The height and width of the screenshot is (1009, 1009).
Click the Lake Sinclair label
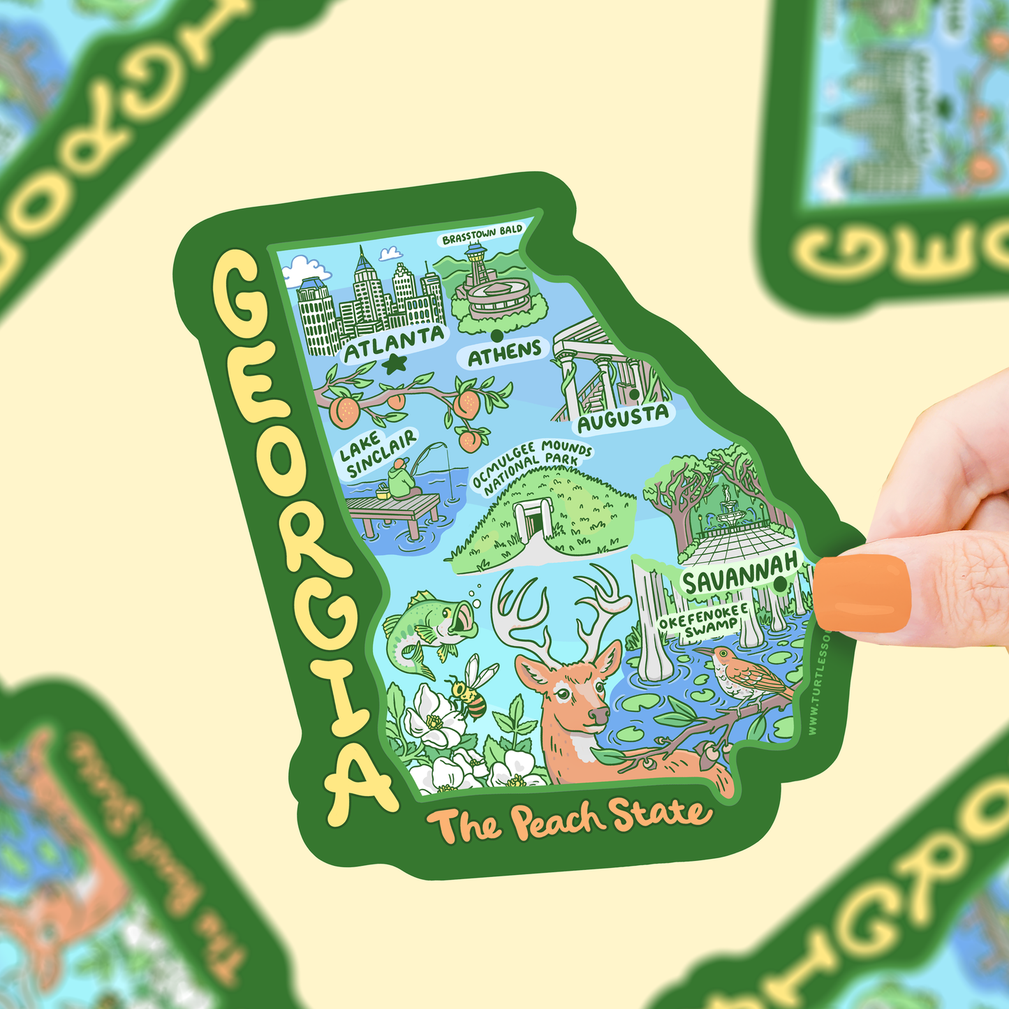click(378, 453)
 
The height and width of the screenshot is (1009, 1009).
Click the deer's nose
click(599, 716)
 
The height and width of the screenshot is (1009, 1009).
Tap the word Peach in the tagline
click(556, 822)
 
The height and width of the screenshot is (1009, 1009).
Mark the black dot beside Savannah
click(780, 580)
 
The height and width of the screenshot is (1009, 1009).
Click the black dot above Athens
click(496, 334)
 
